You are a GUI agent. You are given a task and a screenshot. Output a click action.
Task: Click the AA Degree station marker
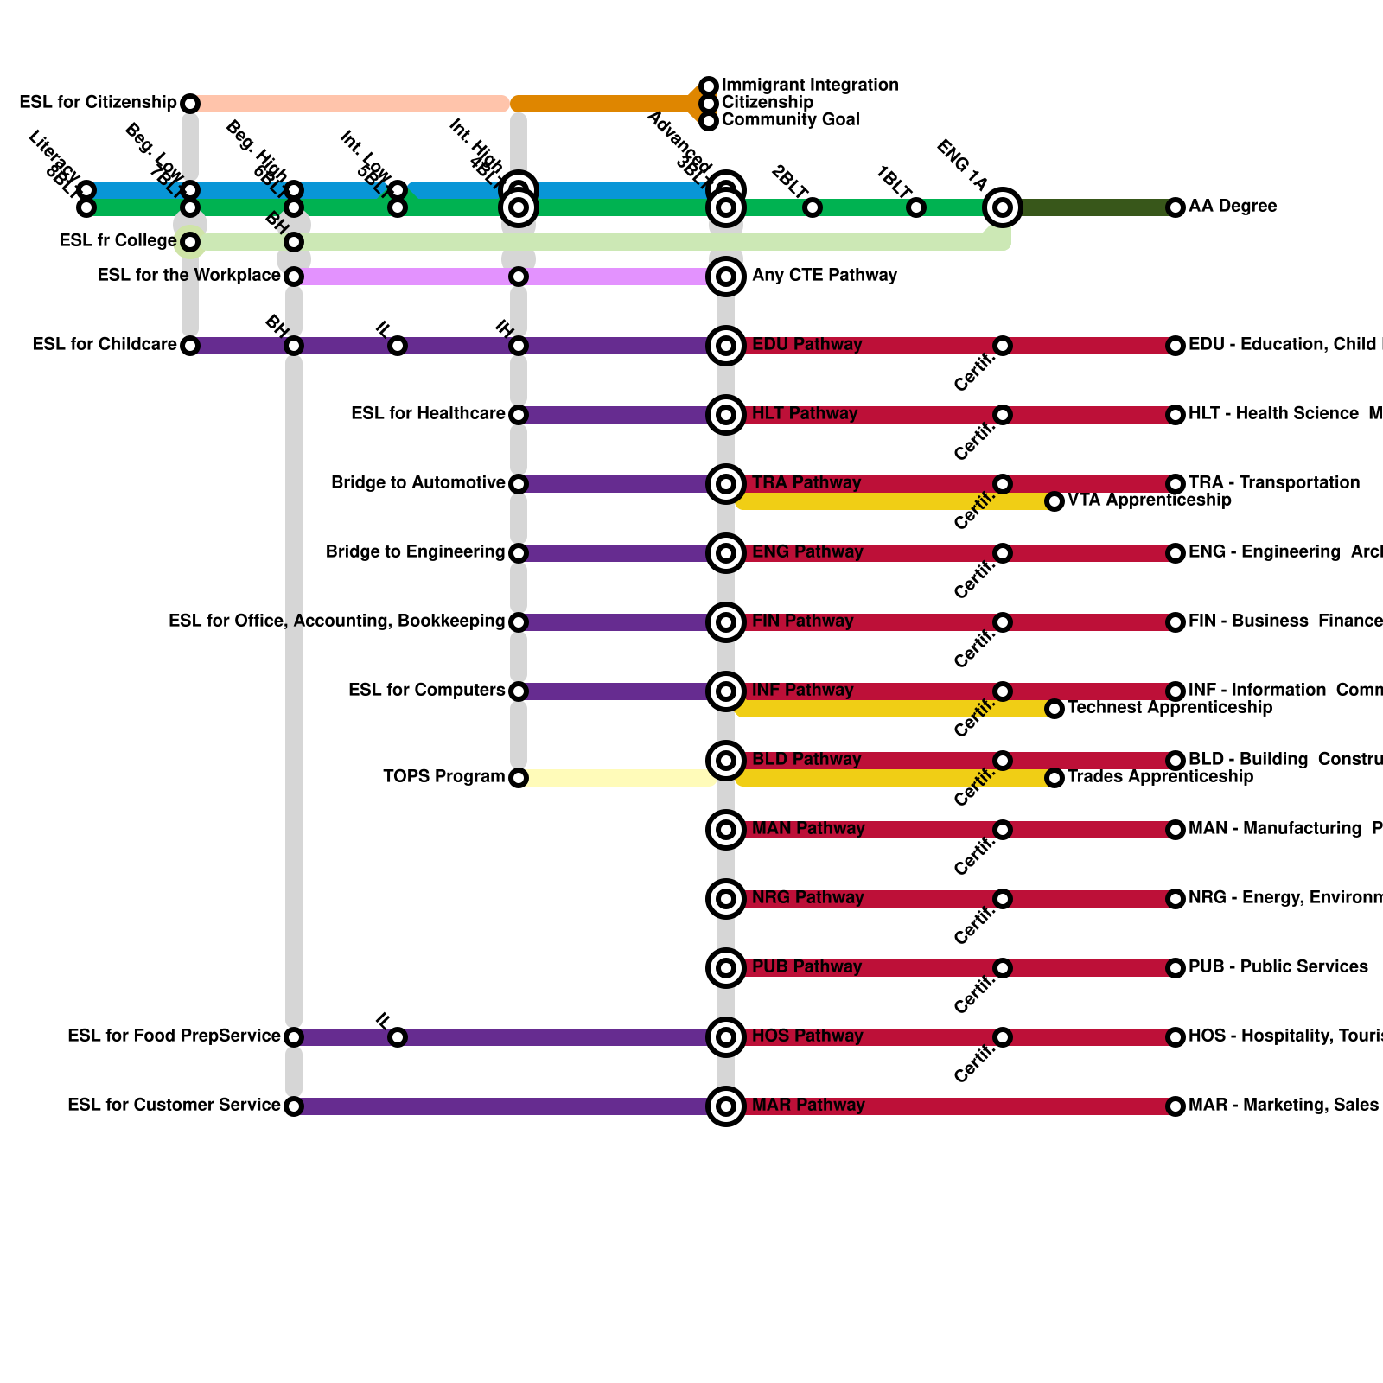point(1175,207)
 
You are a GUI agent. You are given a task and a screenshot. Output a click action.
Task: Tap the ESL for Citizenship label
point(98,103)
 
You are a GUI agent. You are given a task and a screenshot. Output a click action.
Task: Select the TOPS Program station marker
point(518,778)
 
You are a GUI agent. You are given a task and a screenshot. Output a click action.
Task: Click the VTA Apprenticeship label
point(1149,500)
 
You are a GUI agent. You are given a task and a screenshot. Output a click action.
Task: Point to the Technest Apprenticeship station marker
point(1054,709)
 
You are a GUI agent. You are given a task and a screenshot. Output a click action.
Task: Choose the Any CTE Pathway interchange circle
point(726,277)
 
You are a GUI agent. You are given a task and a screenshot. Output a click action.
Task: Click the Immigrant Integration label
point(810,86)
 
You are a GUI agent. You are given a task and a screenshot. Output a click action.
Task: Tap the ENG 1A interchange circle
point(1002,207)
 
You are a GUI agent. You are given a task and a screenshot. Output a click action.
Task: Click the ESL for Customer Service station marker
point(294,1106)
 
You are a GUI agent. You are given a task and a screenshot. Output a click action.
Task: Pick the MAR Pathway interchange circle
point(726,1106)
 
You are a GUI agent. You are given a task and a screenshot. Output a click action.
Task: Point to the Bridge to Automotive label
point(417,483)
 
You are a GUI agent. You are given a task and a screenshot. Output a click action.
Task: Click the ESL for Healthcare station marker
point(518,415)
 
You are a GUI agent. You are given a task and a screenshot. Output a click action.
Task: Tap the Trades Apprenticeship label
point(1160,777)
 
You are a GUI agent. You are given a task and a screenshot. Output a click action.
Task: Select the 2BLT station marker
point(812,207)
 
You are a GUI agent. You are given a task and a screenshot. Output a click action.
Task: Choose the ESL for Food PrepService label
point(174,1036)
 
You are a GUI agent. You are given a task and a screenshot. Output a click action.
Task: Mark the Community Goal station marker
point(709,121)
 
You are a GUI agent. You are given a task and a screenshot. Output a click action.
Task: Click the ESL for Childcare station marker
point(190,346)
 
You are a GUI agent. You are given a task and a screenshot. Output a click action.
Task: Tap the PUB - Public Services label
point(1278,967)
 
